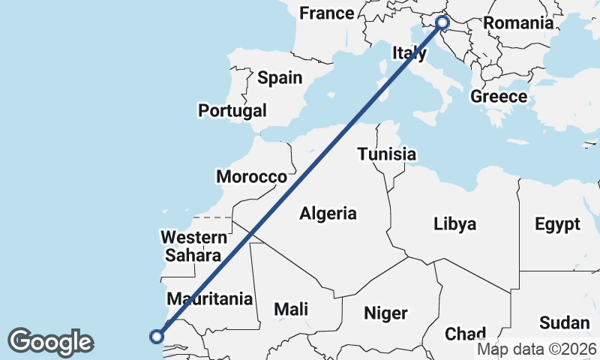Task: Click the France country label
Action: [326, 13]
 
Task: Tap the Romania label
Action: [518, 22]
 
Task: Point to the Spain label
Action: [280, 77]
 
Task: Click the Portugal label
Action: [232, 110]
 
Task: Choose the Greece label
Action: [499, 96]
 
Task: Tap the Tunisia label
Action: [386, 154]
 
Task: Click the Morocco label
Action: [252, 177]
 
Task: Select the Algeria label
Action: [328, 214]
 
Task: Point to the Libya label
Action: [454, 223]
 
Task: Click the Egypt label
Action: [557, 223]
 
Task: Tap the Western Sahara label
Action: [195, 246]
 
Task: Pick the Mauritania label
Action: [209, 298]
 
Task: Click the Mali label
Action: [291, 308]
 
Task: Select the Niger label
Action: [385, 313]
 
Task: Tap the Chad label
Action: [466, 333]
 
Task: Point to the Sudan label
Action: [565, 323]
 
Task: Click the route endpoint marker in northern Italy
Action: [442, 22]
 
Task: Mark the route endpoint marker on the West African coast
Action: [157, 336]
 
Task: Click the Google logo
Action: [50, 342]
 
